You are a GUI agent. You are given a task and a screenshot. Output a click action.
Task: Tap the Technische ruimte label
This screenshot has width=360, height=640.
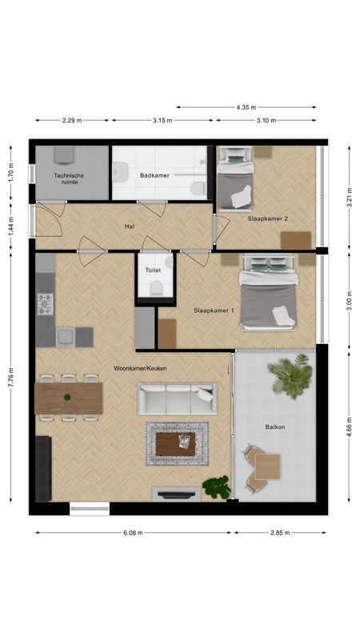click(70, 178)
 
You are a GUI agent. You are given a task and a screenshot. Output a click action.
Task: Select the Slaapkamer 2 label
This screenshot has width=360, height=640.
click(268, 218)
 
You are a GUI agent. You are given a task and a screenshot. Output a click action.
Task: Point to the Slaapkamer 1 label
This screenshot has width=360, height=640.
click(214, 310)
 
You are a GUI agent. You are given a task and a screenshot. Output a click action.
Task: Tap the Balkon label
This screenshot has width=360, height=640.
click(277, 426)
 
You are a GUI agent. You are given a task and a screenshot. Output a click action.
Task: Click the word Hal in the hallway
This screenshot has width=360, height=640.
click(129, 226)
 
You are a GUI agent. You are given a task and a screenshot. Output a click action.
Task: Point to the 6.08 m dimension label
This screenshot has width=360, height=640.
click(134, 532)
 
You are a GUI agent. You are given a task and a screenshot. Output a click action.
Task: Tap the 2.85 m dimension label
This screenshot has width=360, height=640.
click(279, 532)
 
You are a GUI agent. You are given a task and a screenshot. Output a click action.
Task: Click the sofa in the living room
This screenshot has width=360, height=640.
click(177, 398)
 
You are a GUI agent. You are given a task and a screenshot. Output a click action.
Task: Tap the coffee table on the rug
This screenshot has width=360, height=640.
click(176, 443)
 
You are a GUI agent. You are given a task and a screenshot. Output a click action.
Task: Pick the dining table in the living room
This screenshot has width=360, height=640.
click(69, 398)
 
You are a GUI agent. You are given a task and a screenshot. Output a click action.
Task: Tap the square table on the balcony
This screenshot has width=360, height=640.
click(268, 466)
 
